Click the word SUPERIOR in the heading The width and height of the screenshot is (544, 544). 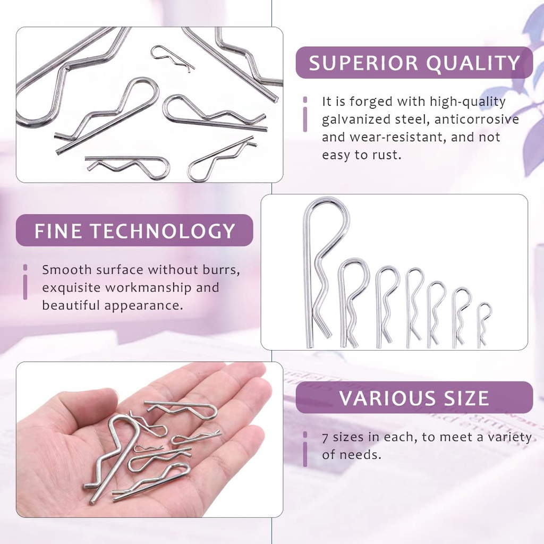357,63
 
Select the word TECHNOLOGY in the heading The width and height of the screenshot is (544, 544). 163,231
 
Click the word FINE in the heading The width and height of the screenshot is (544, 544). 57,231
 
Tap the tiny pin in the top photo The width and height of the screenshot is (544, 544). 171,57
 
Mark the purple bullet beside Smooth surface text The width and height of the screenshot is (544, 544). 25,282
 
